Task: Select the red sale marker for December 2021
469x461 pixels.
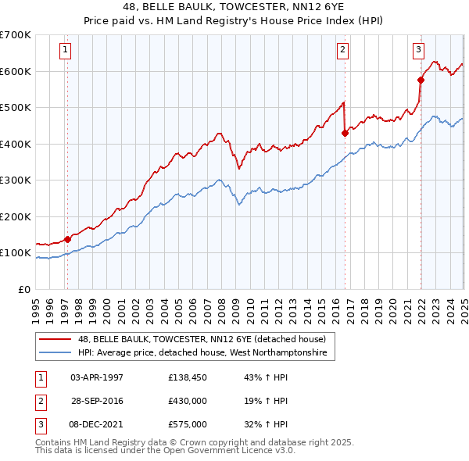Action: tap(421, 80)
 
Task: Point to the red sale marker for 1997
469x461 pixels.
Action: tap(67, 239)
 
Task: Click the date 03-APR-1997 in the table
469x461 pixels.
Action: tap(97, 377)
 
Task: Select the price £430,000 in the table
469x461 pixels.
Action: tap(188, 401)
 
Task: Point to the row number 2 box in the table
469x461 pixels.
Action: tap(40, 401)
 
